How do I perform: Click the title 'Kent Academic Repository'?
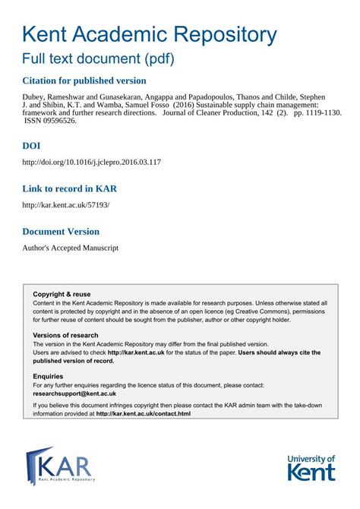pyautogui.click(x=150, y=34)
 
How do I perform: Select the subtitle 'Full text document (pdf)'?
pyautogui.click(x=98, y=58)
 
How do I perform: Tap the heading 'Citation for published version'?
pyautogui.click(x=84, y=81)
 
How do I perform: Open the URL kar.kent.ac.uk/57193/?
pyautogui.click(x=66, y=205)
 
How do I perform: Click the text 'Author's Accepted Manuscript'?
pyautogui.click(x=70, y=248)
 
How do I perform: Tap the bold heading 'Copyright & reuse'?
pyautogui.click(x=62, y=294)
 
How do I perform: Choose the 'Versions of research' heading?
pyautogui.click(x=65, y=335)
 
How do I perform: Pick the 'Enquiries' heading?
pyautogui.click(x=48, y=376)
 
